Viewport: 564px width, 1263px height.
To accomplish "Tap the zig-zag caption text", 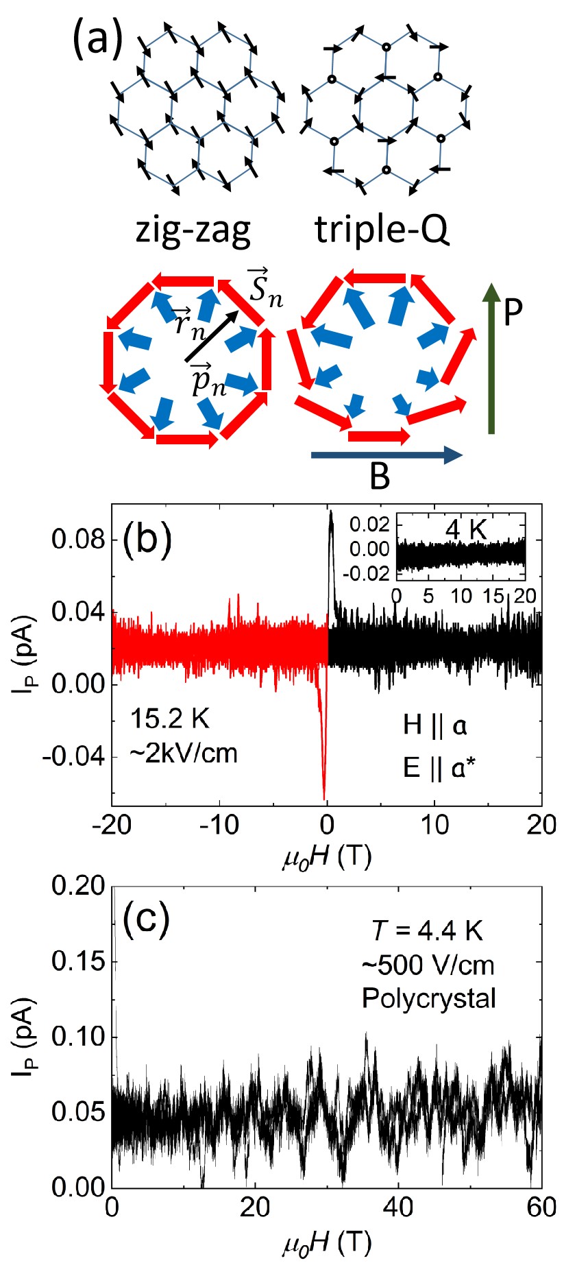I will [x=194, y=229].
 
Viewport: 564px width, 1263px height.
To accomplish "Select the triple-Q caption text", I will [x=382, y=229].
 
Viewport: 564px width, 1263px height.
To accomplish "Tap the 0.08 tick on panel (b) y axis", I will [x=79, y=540].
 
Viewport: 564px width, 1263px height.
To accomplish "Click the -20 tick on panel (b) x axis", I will [x=112, y=825].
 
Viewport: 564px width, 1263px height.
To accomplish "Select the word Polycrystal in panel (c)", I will [x=429, y=998].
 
